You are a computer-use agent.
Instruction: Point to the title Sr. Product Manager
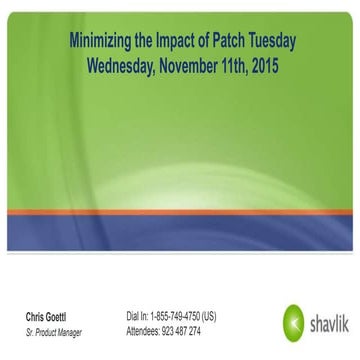[55, 331]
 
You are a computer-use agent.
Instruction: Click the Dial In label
[137, 317]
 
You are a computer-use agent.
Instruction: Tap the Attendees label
[144, 331]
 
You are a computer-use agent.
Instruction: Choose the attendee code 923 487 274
[183, 331]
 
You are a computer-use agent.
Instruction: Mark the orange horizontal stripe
[180, 212]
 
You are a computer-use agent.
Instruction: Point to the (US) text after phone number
[209, 317]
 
